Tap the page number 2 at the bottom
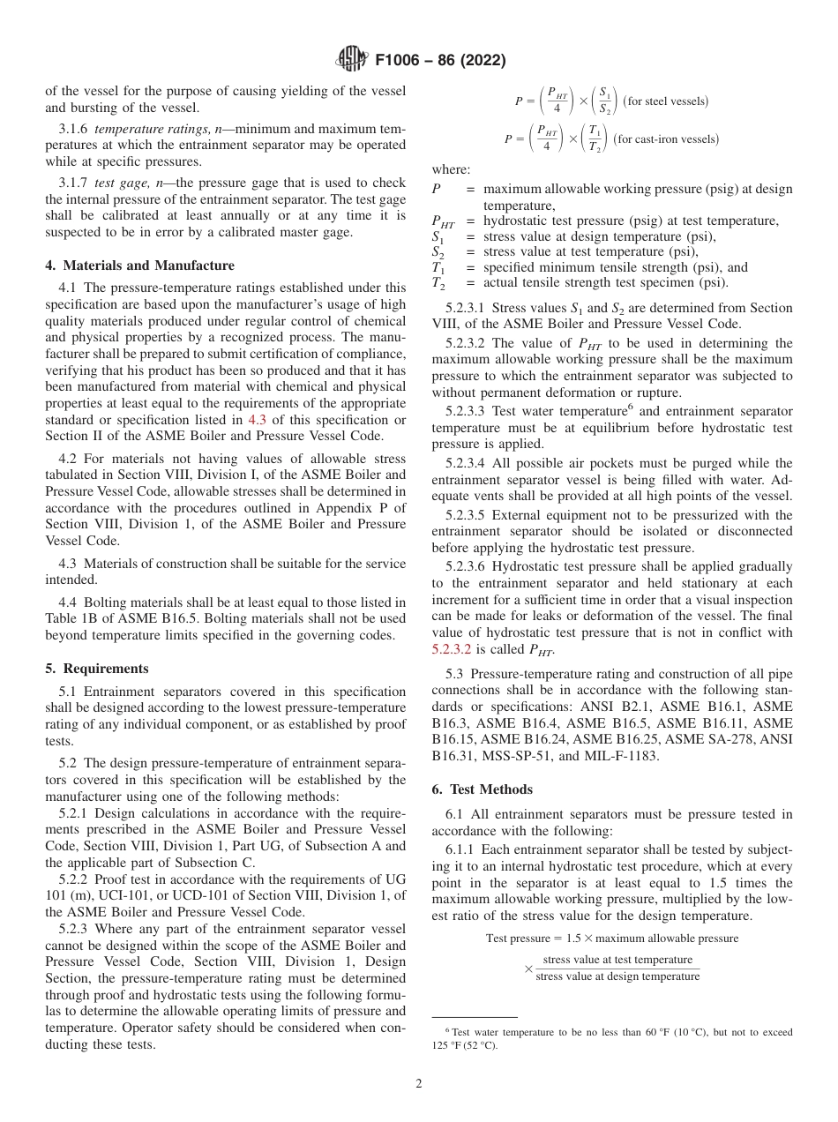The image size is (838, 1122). tap(419, 1084)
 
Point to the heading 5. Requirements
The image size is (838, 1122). tap(97, 669)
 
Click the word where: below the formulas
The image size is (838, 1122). tap(451, 170)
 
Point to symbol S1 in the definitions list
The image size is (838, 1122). tap(438, 236)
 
